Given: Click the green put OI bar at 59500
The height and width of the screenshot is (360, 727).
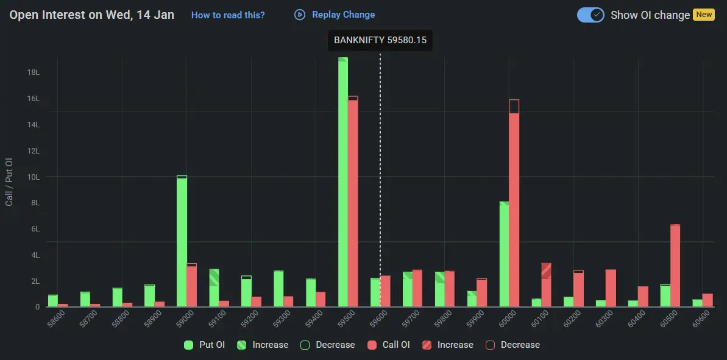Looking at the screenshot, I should pos(343,183).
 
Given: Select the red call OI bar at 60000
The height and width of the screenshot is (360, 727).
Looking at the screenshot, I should pos(514,207).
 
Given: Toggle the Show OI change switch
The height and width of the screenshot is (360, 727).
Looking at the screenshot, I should pos(590,15).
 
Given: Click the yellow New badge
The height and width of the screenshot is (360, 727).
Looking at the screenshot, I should pos(704,15).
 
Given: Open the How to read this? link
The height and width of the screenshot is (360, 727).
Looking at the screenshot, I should pos(228,15).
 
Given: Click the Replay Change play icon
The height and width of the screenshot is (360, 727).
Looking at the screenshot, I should pos(299,15).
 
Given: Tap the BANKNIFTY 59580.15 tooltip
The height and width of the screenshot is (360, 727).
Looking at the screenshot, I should pos(380,40).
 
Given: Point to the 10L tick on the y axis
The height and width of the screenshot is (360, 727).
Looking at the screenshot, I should pos(33,177).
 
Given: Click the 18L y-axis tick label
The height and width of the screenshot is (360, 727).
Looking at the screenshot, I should pos(33,72).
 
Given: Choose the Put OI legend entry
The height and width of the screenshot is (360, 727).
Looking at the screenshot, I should pos(205,345).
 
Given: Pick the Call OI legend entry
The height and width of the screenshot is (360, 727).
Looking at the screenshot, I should pos(389,345).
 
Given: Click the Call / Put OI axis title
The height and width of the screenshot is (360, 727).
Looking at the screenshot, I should pos(9,182).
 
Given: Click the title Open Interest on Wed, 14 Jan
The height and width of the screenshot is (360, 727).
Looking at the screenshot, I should pos(91,15).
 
